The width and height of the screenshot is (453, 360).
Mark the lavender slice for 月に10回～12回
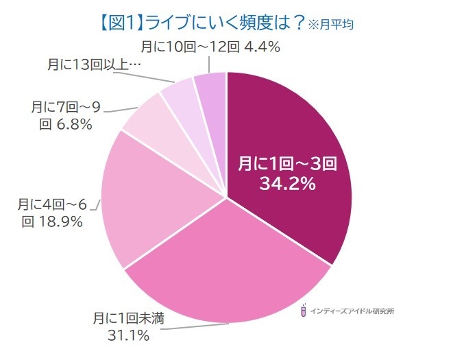point(211,86)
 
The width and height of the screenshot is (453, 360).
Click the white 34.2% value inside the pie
point(287,183)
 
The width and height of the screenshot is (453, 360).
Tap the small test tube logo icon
point(302,311)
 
